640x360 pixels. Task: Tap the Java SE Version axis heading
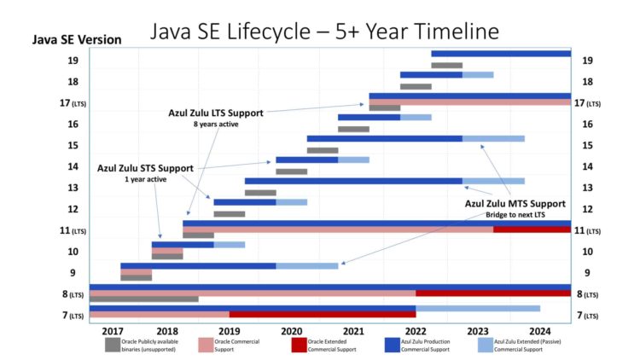(76, 40)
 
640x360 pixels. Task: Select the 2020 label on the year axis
(291, 331)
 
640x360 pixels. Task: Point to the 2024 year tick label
(539, 331)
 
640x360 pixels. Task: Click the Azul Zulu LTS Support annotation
(216, 113)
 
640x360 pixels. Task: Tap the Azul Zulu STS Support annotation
(145, 168)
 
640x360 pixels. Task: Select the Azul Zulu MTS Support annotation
(515, 204)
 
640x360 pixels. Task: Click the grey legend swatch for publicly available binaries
(113, 345)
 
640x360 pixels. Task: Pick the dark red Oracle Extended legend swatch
(299, 345)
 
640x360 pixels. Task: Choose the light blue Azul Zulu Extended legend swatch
(485, 345)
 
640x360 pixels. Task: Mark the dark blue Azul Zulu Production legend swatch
(392, 345)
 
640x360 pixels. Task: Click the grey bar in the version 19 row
(446, 65)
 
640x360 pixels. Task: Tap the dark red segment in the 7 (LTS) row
(322, 315)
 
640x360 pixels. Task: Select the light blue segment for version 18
(478, 75)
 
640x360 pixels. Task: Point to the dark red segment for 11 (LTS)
(532, 229)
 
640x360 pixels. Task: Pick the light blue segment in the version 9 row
(306, 266)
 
